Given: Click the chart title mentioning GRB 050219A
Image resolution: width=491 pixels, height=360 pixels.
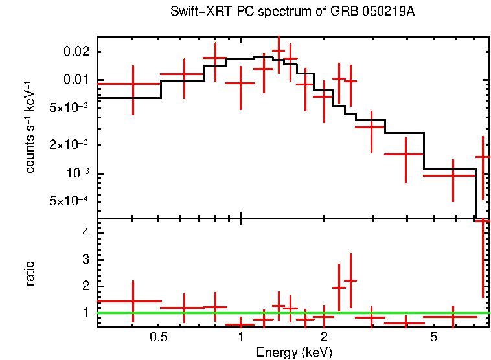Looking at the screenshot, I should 292,12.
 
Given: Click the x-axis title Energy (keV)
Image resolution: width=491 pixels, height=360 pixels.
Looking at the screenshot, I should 294,352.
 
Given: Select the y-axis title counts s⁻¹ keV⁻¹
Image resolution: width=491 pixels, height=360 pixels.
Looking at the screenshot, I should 30,127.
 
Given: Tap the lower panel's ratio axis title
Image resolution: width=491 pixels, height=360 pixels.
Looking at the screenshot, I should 30,273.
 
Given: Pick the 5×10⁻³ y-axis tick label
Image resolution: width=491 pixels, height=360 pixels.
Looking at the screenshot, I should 72,107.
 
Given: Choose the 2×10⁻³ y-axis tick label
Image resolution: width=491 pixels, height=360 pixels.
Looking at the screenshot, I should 72,145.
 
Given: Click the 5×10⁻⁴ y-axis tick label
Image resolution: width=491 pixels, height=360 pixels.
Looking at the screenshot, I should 72,201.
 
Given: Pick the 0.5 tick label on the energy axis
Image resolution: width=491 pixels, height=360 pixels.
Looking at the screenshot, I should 158,337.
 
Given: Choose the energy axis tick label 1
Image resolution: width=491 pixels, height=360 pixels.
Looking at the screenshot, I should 241,337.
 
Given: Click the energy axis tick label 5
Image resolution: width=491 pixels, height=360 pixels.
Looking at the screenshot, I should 433,337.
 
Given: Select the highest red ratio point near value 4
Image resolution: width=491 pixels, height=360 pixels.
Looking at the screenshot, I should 483,221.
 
